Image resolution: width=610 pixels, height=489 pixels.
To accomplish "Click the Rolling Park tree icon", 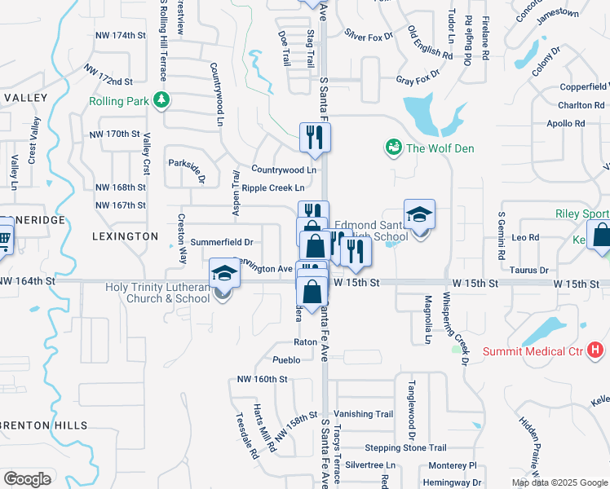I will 162,100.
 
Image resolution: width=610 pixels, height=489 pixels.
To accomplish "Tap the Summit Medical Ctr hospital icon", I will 596,351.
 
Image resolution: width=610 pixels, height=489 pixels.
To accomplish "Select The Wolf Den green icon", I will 393,148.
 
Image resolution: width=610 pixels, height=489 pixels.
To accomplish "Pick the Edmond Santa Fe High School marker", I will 419,216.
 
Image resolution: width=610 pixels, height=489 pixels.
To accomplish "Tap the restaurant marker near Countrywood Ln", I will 315,139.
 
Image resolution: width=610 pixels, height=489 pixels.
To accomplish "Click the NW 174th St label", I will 120,36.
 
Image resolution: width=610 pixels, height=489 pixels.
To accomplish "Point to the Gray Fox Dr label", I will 418,80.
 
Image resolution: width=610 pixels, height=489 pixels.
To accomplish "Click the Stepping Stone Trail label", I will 405,447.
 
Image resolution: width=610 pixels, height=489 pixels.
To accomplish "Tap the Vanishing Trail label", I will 363,414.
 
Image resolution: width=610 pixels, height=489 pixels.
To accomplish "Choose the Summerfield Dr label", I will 221,242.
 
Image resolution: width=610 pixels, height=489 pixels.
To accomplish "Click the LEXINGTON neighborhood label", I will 126,236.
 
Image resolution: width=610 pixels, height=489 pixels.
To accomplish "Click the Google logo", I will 27,478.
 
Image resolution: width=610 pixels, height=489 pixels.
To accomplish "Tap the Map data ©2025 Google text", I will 559,482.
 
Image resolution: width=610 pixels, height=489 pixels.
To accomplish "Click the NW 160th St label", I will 262,379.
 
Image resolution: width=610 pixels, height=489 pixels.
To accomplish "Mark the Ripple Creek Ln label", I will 272,188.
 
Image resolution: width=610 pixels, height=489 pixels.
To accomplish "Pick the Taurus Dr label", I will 529,270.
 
